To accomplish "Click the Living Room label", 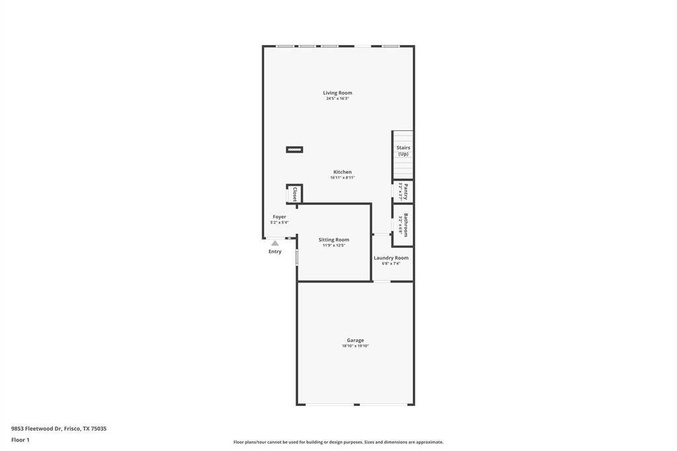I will [337, 93].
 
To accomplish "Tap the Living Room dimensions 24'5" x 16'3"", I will [337, 99].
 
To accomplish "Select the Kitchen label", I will [342, 172].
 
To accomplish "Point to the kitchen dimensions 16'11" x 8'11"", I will [342, 178].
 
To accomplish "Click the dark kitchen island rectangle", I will [294, 149].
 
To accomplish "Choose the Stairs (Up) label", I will [403, 151].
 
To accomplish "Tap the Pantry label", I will [406, 192].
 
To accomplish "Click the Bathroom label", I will [406, 224].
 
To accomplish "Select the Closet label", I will [295, 194].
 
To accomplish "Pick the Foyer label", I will [279, 217].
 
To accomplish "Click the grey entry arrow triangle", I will [275, 243].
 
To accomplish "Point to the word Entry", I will [275, 252].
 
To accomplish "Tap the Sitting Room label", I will [334, 239].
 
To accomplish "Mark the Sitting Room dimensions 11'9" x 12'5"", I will [334, 245].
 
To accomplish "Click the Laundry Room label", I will [391, 258].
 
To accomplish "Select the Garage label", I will [355, 340].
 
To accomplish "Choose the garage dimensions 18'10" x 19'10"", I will [355, 346].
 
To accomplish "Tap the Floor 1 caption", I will [20, 440].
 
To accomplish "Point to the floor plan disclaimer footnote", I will [338, 442].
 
